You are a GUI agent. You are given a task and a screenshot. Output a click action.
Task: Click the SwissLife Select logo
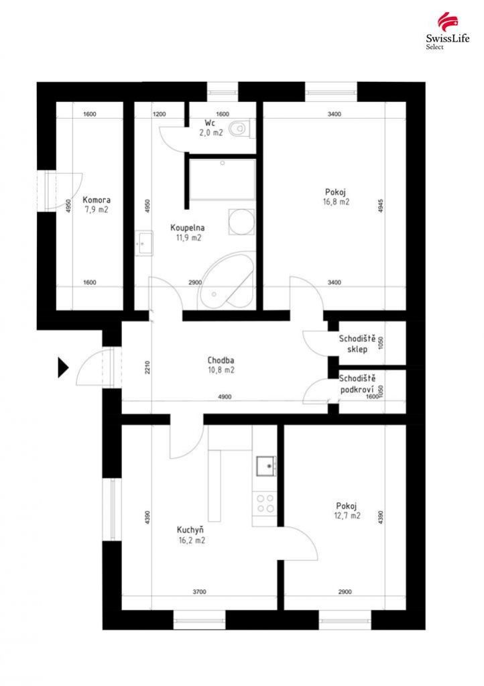448,31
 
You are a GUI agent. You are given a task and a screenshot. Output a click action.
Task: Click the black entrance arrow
64,367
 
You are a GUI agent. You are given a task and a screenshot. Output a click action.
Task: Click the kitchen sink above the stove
265,466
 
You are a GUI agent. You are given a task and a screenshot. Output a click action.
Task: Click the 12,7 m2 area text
347,516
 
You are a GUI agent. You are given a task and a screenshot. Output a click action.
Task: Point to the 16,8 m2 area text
336,202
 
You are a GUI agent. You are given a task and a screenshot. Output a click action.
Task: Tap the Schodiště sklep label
357,344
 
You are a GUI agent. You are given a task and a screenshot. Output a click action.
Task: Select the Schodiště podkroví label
357,384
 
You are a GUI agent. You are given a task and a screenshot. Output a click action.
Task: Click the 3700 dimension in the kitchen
199,592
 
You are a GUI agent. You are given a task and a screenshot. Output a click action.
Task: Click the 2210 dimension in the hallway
147,367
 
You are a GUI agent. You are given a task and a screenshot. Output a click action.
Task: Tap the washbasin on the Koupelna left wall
144,243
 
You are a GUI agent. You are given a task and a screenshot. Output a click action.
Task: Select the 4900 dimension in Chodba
225,397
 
